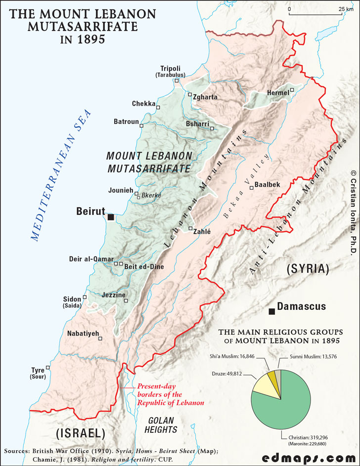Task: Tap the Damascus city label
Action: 301,306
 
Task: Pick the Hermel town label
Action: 277,93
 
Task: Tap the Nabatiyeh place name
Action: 83,333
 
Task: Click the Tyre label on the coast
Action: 38,370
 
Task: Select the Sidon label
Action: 72,299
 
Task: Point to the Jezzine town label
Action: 113,295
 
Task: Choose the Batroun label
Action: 126,122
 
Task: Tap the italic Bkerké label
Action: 151,195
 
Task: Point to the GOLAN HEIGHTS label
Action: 161,425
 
